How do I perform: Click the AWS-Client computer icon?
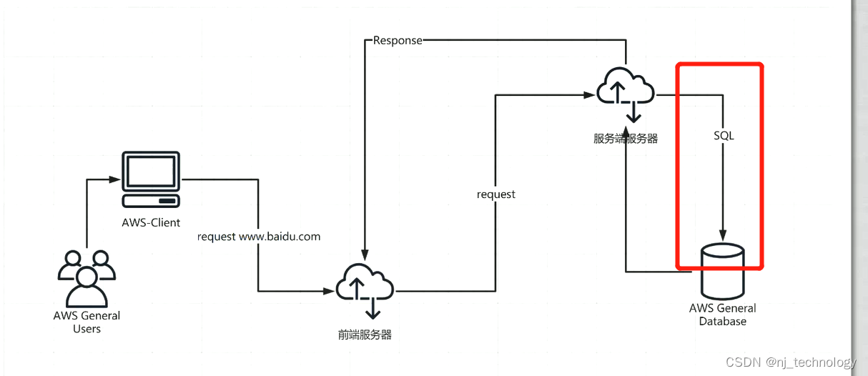(x=150, y=179)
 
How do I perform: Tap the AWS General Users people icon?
(x=87, y=279)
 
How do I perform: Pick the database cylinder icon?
(x=722, y=272)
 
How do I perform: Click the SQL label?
(x=724, y=135)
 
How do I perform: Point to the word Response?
(x=398, y=41)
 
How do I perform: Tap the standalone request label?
(x=495, y=194)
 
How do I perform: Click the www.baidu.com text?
(x=279, y=237)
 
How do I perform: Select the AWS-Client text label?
(x=150, y=222)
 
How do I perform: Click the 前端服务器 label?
(x=365, y=335)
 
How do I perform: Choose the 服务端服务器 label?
(x=626, y=139)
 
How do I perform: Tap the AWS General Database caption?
(x=722, y=315)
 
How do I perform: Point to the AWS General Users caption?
(x=87, y=322)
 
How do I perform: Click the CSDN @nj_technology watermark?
(x=790, y=362)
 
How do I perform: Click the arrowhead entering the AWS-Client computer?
(x=114, y=179)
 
